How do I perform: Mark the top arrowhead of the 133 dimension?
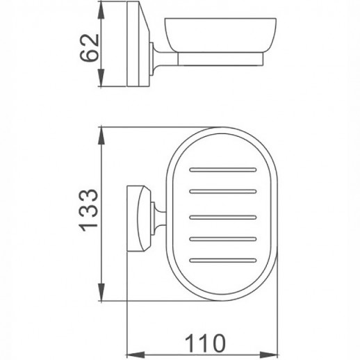click(x=103, y=132)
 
